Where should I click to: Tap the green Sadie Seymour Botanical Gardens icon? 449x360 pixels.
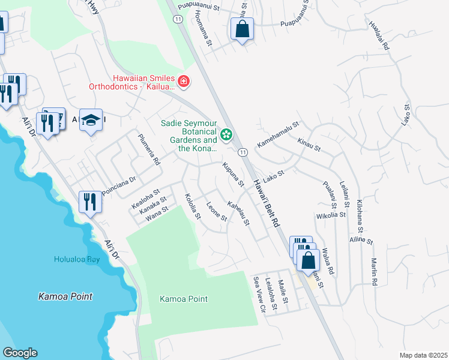(227, 134)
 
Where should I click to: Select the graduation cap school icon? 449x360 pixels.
(91, 120)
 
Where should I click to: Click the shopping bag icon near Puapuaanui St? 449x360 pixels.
(241, 29)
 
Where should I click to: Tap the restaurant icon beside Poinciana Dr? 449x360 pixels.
(90, 202)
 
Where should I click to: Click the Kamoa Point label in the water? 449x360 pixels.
(65, 296)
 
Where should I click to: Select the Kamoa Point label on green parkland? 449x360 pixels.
(184, 299)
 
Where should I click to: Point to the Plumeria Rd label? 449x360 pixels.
(149, 150)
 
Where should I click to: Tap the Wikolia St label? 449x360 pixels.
(331, 214)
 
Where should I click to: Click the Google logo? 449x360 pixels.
(20, 353)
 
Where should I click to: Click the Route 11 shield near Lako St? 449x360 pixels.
(243, 152)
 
